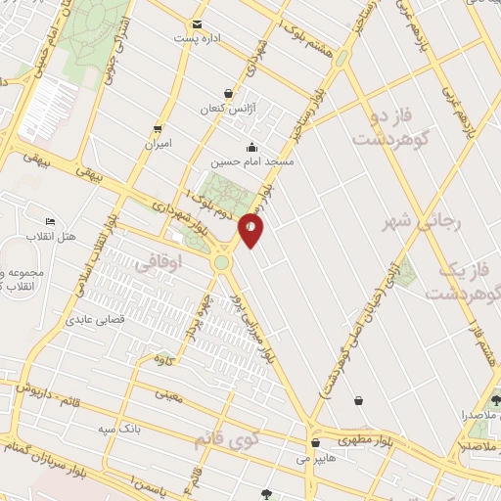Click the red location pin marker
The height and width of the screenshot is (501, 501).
(251, 231)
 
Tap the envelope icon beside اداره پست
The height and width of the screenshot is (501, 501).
(199, 23)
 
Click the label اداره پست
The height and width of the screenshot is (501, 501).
(194, 38)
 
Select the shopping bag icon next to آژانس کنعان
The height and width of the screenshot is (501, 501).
(229, 94)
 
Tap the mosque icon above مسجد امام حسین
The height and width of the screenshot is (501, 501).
(253, 147)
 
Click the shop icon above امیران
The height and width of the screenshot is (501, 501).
(157, 129)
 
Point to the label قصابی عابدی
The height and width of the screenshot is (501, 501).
(91, 319)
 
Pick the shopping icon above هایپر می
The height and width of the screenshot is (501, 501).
(314, 442)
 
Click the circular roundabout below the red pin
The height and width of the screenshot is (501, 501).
(223, 261)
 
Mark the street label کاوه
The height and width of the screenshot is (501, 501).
(164, 359)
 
